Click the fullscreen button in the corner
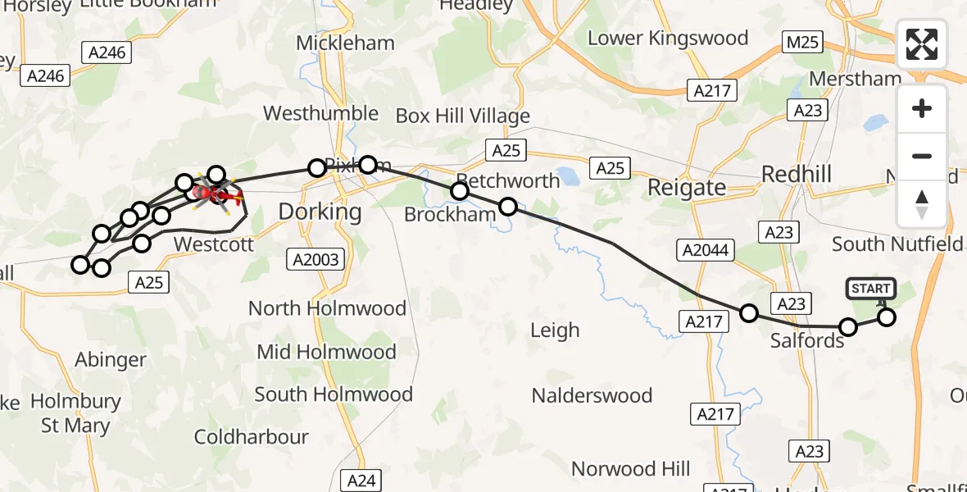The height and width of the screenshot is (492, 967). tap(922, 44)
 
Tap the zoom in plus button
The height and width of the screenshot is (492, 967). tap(922, 108)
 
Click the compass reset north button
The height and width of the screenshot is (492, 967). tap(922, 204)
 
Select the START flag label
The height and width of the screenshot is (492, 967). tap(870, 289)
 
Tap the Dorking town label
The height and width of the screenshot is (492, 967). tap(320, 212)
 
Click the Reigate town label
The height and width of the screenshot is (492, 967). tap(687, 188)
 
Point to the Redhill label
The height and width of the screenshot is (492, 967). tap(797, 174)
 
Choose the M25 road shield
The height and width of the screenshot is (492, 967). tap(802, 43)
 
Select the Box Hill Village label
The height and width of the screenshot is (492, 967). tap(462, 116)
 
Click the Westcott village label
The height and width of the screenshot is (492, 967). tap(214, 244)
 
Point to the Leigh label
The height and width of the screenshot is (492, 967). tap(555, 330)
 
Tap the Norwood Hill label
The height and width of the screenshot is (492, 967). tap(630, 469)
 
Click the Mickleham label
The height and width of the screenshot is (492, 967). tap(345, 43)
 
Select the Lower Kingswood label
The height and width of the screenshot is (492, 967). tap(668, 39)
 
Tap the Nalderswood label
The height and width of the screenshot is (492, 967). tap(592, 395)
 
